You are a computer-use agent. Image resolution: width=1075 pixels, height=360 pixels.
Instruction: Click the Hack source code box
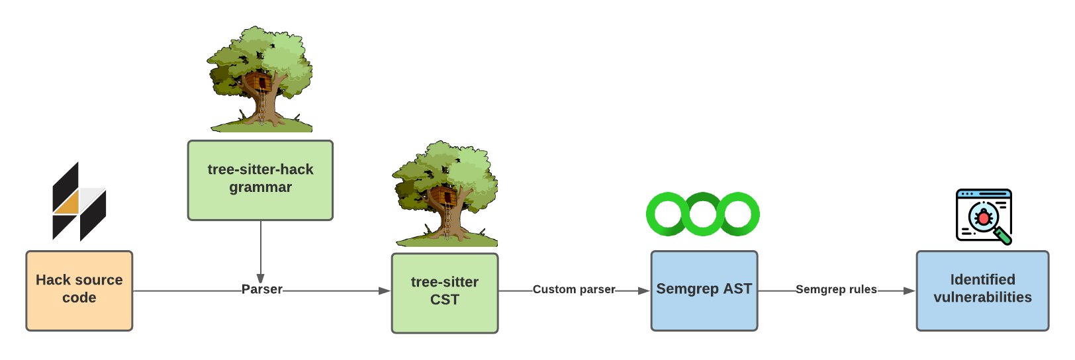[79, 291]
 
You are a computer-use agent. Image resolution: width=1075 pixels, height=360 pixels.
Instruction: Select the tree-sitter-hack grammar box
[260, 180]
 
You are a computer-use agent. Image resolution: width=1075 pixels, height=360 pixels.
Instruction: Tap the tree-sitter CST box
[445, 292]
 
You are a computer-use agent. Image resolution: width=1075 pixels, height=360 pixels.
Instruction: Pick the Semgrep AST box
[704, 291]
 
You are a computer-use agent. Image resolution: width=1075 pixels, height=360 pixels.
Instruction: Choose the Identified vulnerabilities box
[982, 291]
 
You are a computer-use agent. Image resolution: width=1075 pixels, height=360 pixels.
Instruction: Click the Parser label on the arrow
[262, 289]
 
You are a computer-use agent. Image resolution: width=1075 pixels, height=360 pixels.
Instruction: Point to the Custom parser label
[574, 289]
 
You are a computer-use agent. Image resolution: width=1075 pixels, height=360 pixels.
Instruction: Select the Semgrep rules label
[836, 289]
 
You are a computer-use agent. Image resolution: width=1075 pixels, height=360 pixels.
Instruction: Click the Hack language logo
[79, 202]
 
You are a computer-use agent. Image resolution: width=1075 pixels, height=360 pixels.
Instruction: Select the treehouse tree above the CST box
[445, 193]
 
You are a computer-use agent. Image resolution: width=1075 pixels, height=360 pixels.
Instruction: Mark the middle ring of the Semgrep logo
[703, 214]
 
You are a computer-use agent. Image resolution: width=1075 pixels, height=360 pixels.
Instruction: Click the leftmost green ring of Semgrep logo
[667, 214]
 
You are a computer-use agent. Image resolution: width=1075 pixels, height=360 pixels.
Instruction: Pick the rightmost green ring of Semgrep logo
[739, 214]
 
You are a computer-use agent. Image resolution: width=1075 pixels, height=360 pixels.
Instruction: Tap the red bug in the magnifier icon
[983, 216]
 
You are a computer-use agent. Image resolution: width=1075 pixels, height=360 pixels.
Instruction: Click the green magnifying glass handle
[1004, 236]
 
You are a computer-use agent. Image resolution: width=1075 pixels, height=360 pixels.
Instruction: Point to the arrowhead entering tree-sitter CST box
[384, 291]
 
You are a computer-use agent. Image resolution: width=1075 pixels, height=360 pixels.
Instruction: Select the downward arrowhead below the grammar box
[261, 279]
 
